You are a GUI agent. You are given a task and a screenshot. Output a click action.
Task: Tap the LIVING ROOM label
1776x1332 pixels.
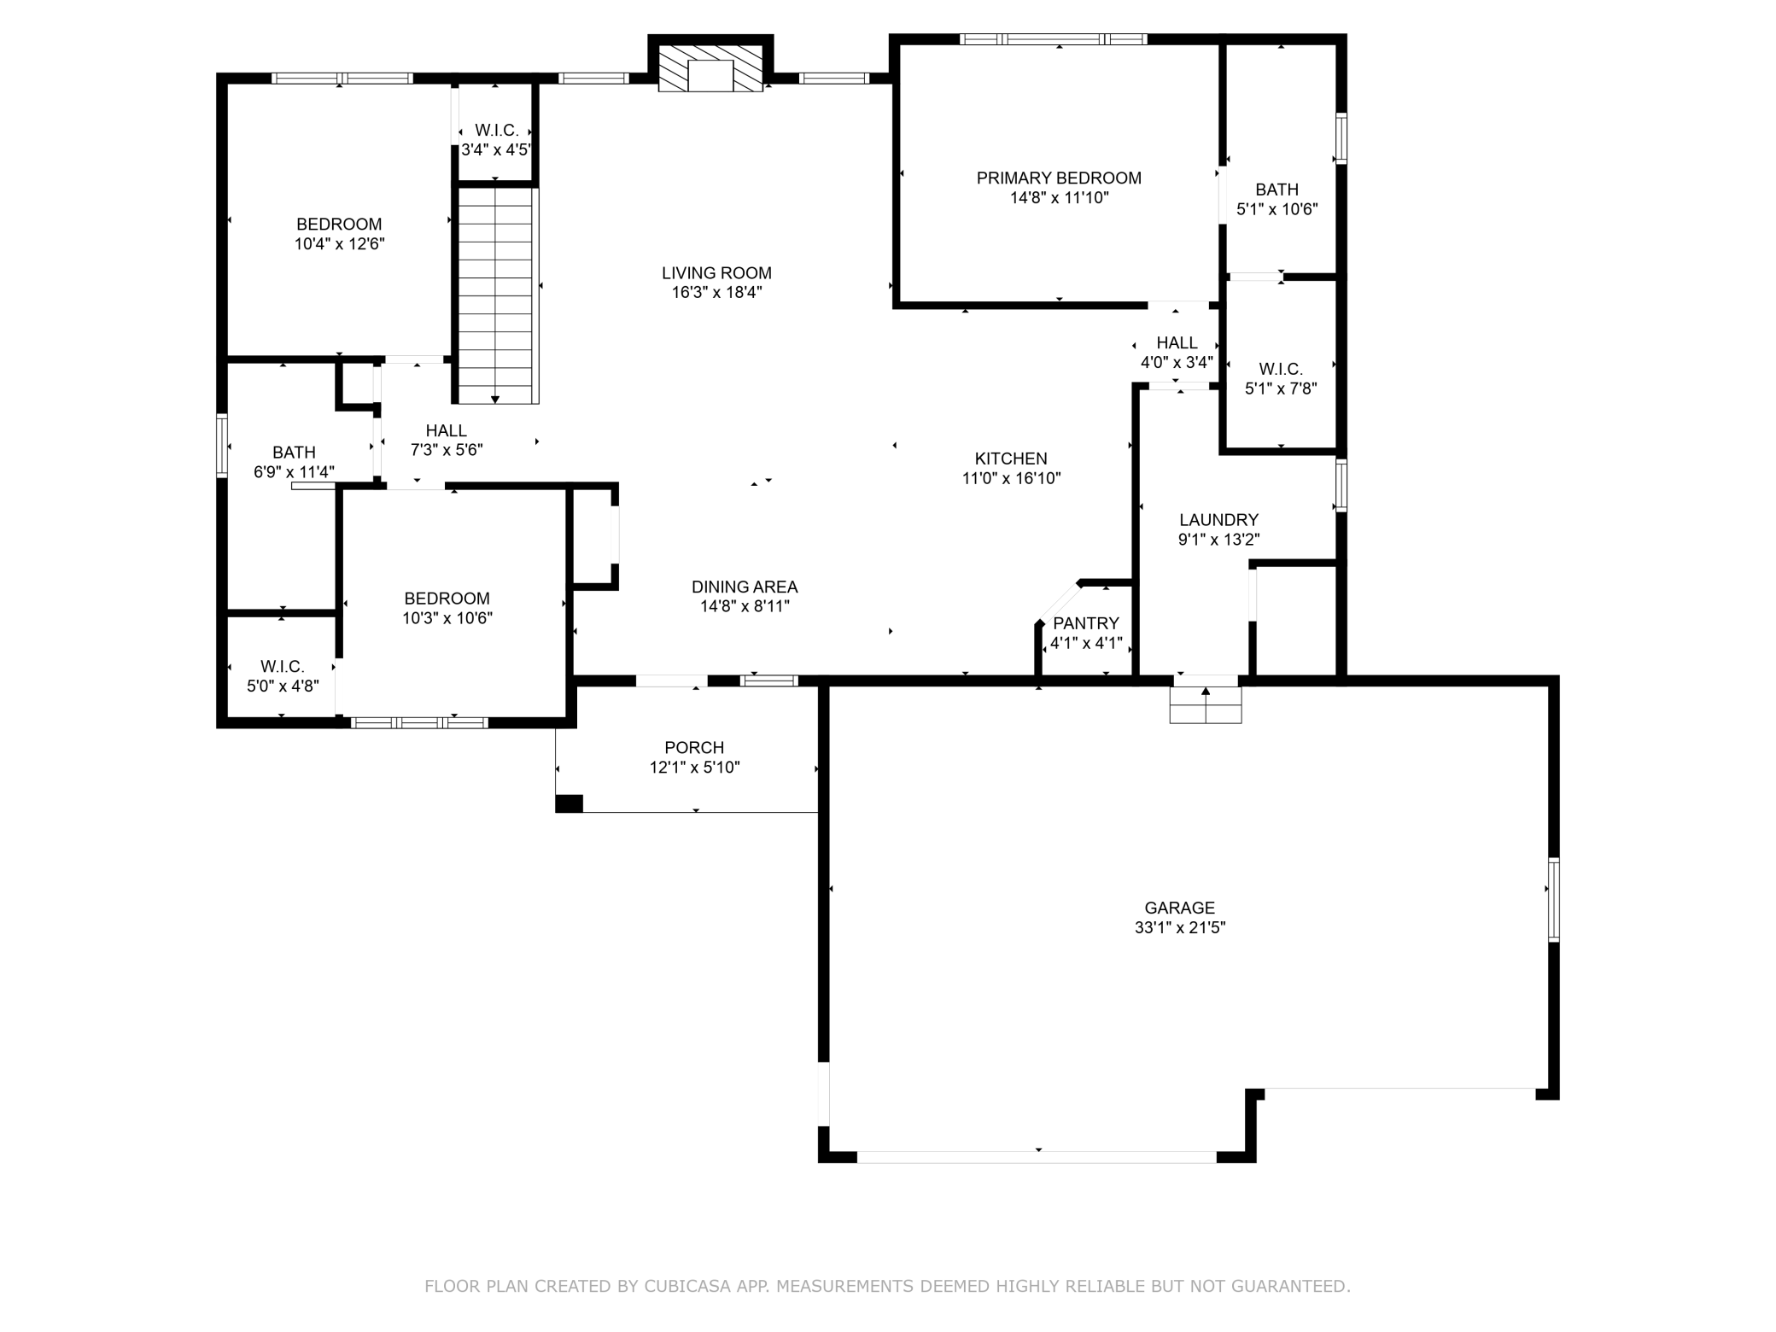(716, 273)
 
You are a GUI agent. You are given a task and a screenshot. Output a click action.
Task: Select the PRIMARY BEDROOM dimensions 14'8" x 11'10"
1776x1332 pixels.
(1059, 198)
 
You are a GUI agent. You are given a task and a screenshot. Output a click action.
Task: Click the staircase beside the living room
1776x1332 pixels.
(496, 295)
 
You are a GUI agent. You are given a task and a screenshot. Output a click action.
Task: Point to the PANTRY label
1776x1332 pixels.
(1085, 623)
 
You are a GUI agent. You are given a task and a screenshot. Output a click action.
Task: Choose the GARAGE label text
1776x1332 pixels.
(1179, 908)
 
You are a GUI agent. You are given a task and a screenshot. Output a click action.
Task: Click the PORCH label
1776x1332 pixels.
(694, 748)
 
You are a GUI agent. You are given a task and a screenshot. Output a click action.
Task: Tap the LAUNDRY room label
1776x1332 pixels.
(1218, 520)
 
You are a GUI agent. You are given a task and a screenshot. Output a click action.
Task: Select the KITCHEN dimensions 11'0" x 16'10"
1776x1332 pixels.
(1011, 478)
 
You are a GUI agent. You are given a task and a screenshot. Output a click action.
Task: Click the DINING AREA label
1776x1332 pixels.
(745, 587)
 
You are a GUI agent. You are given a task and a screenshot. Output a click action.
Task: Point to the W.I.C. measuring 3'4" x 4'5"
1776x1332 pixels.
(496, 140)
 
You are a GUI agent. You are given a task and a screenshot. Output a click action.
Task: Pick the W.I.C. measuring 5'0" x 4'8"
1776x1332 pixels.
(282, 675)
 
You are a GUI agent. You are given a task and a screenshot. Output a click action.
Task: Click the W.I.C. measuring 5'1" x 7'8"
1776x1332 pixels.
(1280, 379)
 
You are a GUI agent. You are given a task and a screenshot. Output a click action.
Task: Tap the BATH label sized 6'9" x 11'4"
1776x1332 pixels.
(294, 453)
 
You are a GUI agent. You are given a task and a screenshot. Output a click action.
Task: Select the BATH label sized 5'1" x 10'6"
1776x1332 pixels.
(1276, 190)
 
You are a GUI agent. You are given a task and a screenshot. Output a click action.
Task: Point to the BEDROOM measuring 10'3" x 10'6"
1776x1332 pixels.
(447, 608)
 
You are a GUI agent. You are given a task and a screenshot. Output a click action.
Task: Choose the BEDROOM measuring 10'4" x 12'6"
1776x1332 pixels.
(339, 233)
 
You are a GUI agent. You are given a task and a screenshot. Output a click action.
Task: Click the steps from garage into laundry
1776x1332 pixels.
(1205, 705)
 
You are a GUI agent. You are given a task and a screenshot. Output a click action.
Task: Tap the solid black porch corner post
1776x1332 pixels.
(569, 803)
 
